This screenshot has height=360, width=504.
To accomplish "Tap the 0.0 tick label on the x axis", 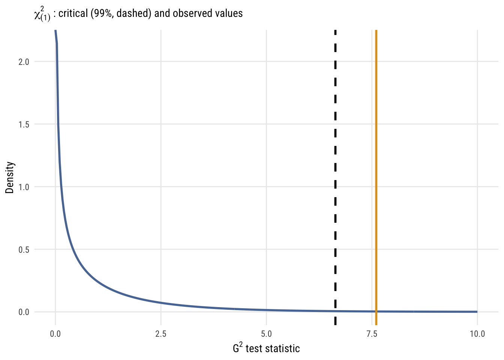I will coord(55,334).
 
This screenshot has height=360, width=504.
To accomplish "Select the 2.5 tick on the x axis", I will coord(161,334).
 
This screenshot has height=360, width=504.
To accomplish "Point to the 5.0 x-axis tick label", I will coord(266,334).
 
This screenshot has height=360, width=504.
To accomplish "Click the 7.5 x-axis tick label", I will coord(372,334).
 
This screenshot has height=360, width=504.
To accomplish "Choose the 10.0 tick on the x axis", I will coord(477,334).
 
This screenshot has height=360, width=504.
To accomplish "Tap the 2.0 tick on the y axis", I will coord(24,61).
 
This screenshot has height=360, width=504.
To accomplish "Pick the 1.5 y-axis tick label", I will coord(24,124).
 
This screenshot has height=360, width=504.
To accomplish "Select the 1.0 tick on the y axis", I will coord(24,187).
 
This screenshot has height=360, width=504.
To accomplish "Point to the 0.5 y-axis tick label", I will coord(24,249).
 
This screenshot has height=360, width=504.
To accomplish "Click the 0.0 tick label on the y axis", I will coord(24,312).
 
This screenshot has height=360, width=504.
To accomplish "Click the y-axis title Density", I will coord(10,177).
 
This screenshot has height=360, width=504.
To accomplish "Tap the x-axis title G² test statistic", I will coord(266,348).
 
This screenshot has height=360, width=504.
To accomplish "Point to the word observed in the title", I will coord(192,13).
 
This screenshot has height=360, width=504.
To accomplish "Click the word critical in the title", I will coord(73,13).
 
